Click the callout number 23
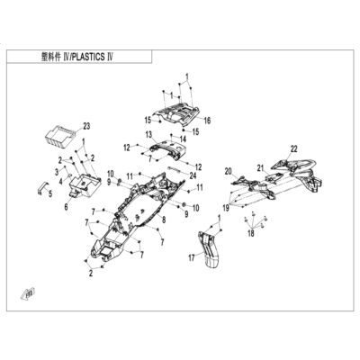tap(86, 127)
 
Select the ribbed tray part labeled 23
tap(60, 136)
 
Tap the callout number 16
tap(207, 121)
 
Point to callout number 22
tap(293, 148)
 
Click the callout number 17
tap(192, 256)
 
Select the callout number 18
tap(251, 233)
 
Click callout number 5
tap(50, 194)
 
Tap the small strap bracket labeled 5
tap(41, 187)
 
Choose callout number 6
tap(66, 207)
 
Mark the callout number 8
tap(164, 219)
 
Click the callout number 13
tap(149, 134)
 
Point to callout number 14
tap(183, 139)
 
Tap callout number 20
tap(229, 171)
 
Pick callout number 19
tap(226, 208)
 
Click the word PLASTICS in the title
tap(88, 57)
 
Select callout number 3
tap(57, 172)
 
